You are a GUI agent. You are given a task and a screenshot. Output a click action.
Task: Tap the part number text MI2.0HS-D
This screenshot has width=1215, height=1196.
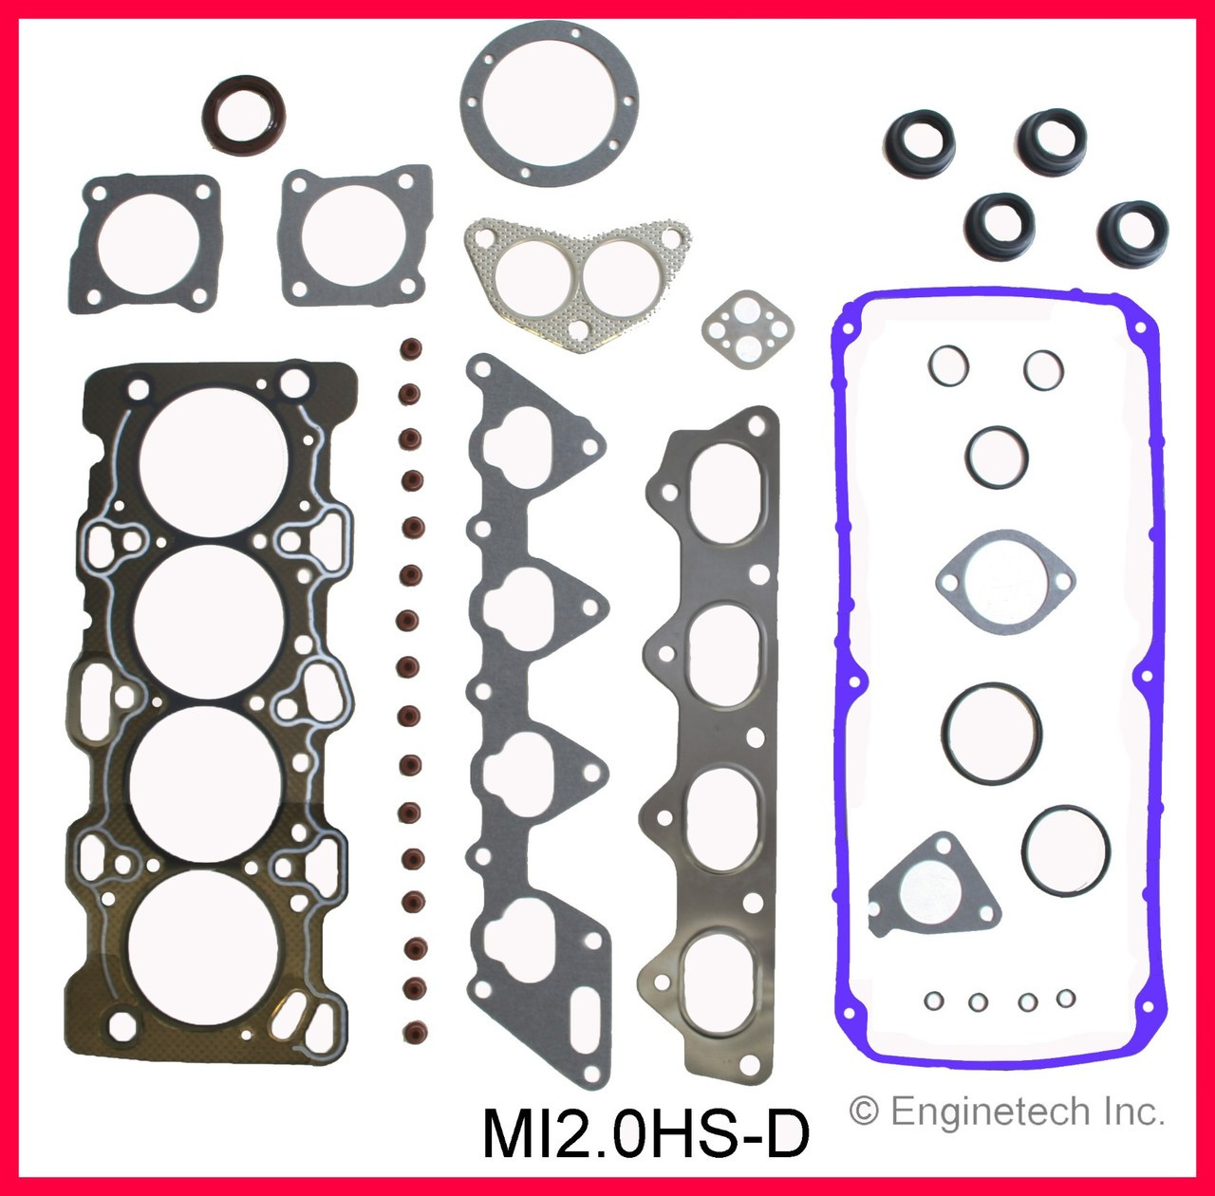click(646, 1134)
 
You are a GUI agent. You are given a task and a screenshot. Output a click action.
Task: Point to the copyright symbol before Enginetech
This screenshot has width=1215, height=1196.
click(863, 1112)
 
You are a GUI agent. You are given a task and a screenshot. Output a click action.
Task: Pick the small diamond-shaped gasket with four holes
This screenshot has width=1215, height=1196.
click(747, 330)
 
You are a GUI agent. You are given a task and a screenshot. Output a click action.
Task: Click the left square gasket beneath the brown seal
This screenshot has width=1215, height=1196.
click(144, 243)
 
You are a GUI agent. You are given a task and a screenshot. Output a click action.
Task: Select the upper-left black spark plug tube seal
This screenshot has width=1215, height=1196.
click(918, 143)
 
